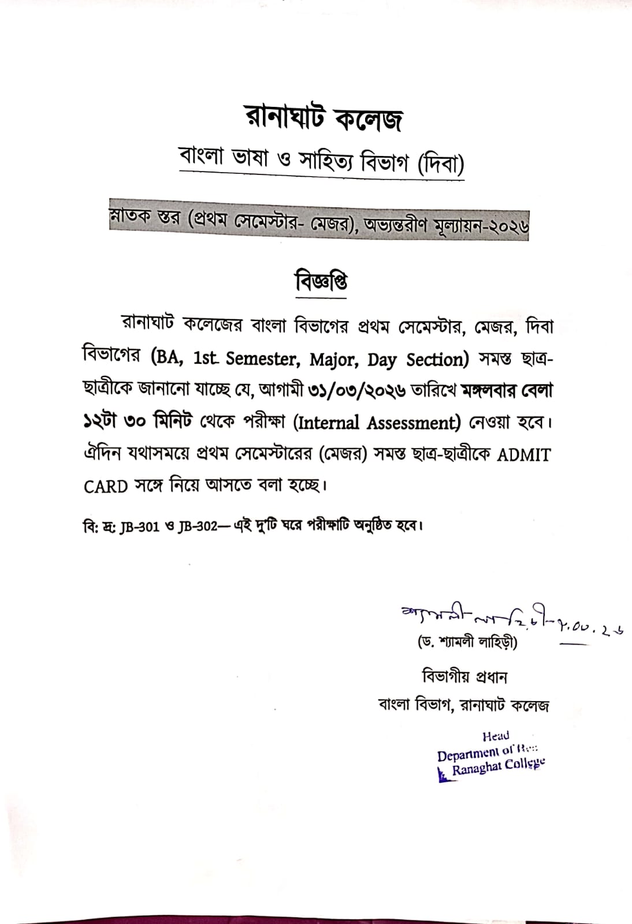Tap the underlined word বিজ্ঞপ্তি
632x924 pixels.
(321, 282)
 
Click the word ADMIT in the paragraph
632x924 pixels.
(523, 455)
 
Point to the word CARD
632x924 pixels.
(106, 486)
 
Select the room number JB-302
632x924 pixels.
(198, 527)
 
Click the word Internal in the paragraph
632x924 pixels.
(328, 423)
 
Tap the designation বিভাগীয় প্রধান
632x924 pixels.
(464, 676)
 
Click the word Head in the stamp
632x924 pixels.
(496, 736)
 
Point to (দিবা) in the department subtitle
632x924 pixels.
(440, 165)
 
